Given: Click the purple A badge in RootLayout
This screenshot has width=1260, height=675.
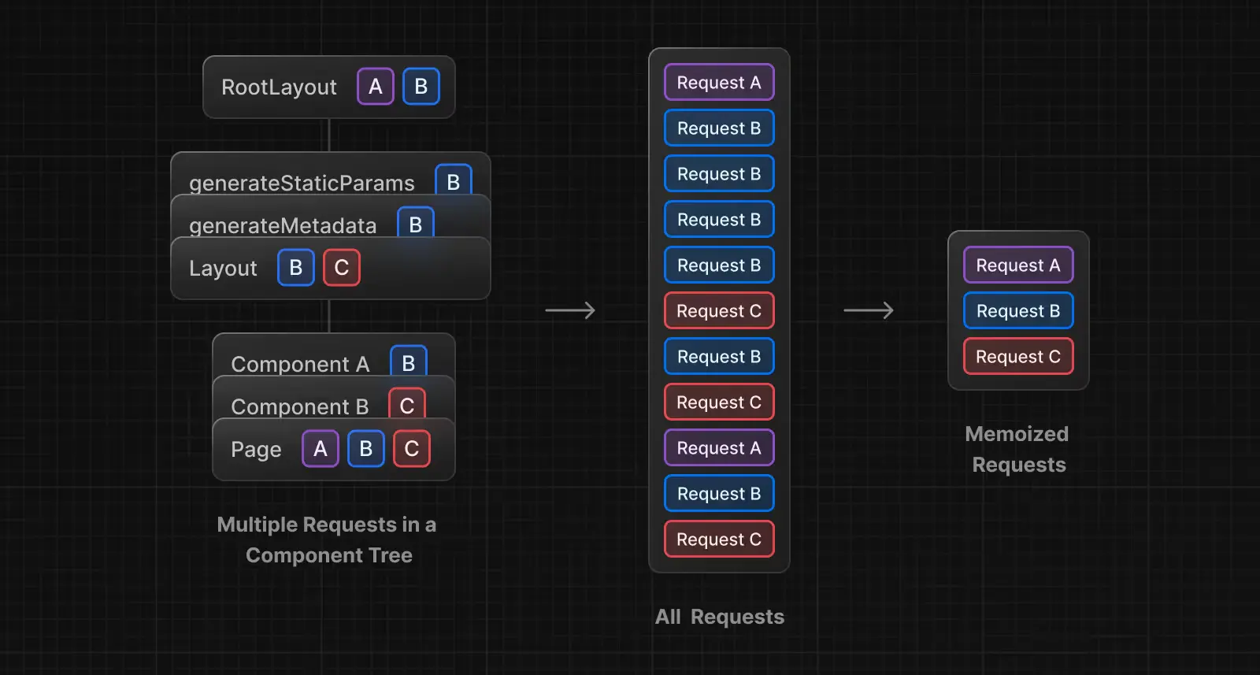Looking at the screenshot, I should click(x=376, y=87).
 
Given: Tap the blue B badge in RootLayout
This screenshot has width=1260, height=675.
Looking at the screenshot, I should click(x=421, y=87).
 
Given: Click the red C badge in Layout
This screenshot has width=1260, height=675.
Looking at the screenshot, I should click(x=342, y=268).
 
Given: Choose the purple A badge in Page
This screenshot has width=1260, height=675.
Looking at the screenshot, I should click(x=321, y=449).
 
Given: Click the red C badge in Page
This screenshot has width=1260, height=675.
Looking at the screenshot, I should click(x=412, y=449).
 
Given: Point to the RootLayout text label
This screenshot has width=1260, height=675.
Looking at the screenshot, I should click(x=279, y=87).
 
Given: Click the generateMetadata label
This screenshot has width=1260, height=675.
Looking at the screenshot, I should click(x=283, y=225).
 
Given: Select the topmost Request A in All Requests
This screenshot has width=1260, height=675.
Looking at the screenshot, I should click(x=719, y=83).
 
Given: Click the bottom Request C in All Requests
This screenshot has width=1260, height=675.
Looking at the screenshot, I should click(x=719, y=540).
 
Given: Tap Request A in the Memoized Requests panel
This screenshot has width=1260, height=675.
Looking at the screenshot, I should click(x=1018, y=265).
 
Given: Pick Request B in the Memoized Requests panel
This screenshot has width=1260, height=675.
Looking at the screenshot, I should click(x=1018, y=311).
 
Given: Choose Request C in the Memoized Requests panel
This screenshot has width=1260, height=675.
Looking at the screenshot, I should click(x=1018, y=357).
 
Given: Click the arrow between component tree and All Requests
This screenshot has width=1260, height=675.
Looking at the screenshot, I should click(x=570, y=310).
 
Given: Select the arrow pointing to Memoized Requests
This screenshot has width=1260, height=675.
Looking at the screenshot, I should click(x=869, y=310).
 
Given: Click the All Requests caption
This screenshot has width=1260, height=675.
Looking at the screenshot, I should click(x=720, y=617).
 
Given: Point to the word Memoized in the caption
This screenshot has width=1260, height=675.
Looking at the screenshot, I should click(x=1017, y=434).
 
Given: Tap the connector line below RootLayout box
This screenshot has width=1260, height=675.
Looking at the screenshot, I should click(x=329, y=135).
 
